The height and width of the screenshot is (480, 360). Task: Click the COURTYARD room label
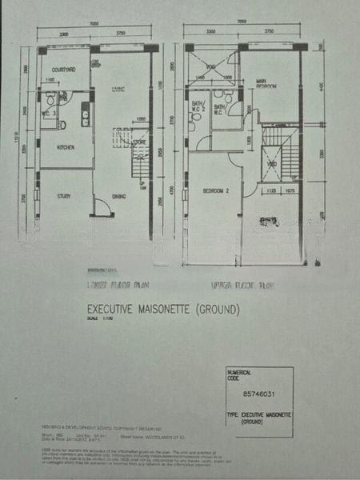point(64,70)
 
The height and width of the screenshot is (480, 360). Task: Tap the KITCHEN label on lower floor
point(65,149)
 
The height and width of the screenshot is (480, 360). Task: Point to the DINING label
point(118,195)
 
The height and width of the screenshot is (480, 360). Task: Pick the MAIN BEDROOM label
point(266,82)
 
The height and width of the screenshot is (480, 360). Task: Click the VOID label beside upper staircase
point(272,164)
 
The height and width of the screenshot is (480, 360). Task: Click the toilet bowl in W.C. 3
point(62,124)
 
